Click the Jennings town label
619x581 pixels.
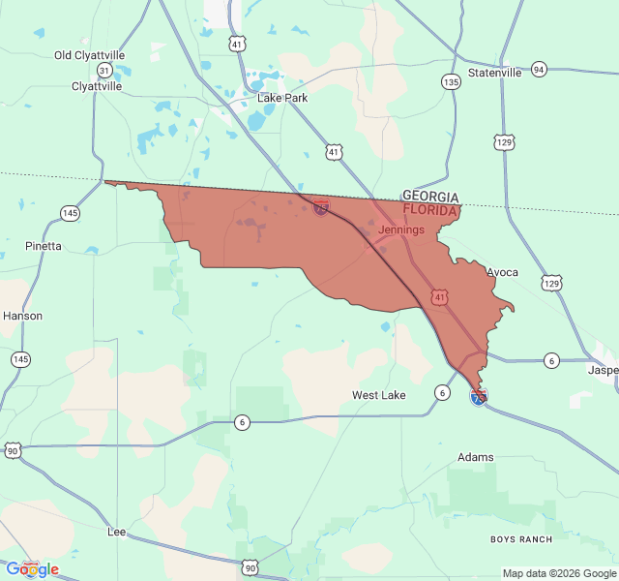(401, 229)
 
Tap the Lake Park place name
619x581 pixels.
(282, 98)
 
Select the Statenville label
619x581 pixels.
(494, 73)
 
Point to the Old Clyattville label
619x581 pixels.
(89, 55)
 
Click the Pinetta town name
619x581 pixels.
(44, 246)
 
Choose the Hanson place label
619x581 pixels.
(22, 316)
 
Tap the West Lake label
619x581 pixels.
(379, 395)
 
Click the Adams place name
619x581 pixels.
(476, 457)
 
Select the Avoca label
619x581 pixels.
(502, 272)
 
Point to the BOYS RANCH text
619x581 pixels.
(521, 539)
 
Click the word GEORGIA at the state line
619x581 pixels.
(430, 197)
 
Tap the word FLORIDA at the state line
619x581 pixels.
(430, 209)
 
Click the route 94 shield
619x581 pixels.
(539, 69)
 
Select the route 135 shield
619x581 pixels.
(451, 82)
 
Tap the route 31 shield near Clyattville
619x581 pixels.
(103, 70)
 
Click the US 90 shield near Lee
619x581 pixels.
(251, 567)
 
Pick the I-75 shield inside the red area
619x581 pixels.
(321, 207)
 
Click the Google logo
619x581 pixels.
(33, 569)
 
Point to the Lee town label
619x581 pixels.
(116, 532)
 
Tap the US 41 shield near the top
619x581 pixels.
(237, 44)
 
